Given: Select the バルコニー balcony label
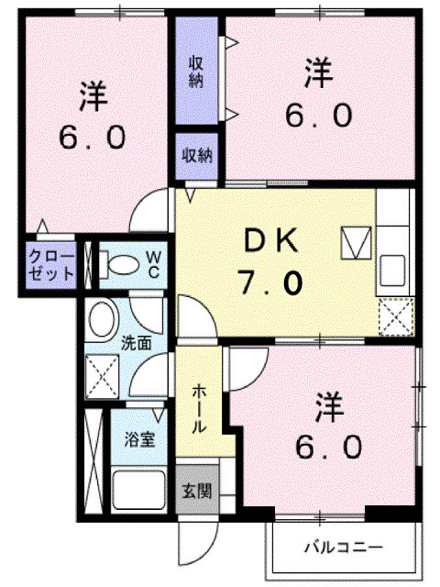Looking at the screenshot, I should tap(343, 548).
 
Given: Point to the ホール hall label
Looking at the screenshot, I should tap(200, 408).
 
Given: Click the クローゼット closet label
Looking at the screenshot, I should tap(49, 265).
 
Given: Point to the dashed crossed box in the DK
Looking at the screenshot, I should tap(396, 317).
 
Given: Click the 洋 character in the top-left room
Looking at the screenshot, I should tap(93, 94).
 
